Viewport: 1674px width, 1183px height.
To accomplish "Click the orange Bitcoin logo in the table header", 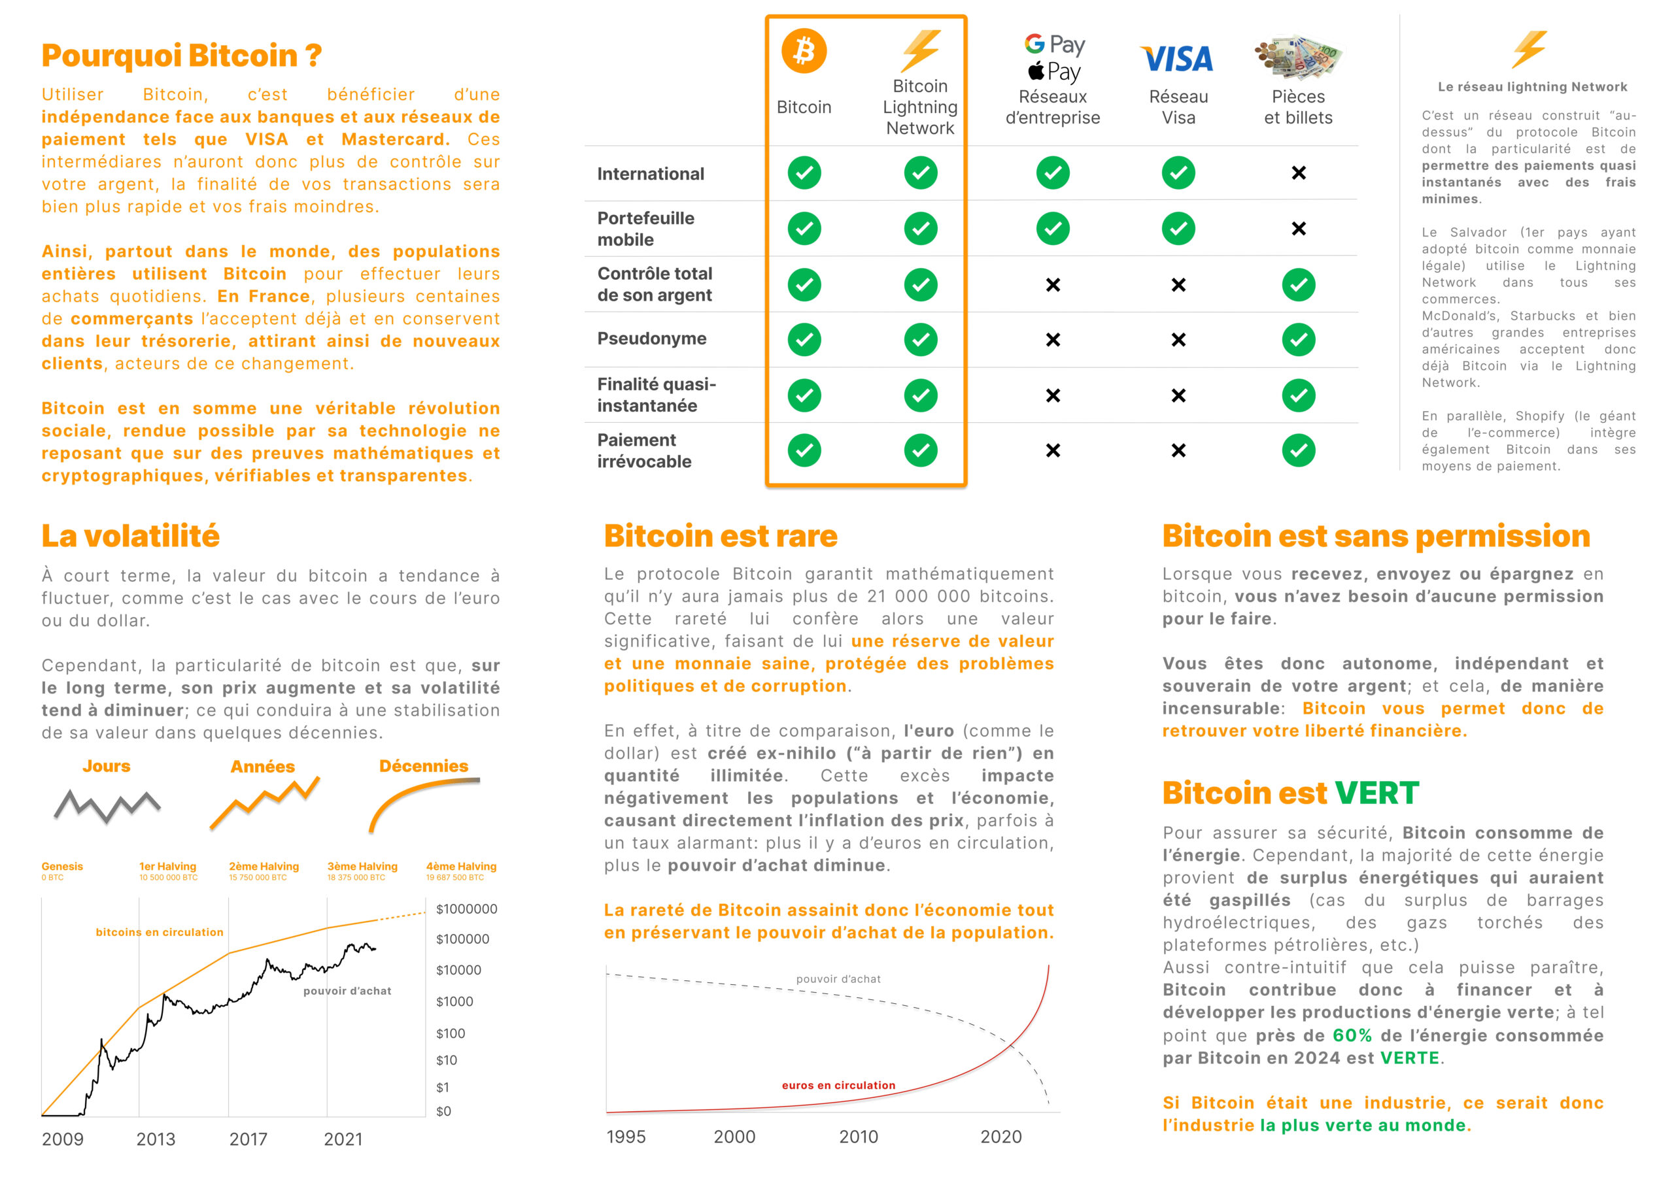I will click(804, 51).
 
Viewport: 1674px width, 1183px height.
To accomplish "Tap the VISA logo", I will click(1177, 59).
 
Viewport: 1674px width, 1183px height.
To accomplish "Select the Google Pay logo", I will click(1054, 44).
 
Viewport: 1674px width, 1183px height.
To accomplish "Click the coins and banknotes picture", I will click(1298, 56).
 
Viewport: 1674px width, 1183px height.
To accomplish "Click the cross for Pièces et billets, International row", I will click(1299, 173).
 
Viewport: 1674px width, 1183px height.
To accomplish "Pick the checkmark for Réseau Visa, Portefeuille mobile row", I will click(1178, 229).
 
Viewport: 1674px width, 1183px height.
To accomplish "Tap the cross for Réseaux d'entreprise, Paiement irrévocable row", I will click(1053, 450).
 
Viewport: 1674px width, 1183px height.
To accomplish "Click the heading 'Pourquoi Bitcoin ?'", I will click(182, 56).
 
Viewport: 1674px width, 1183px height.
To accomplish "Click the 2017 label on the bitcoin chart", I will click(248, 1139).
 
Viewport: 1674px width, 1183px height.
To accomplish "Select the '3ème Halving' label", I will click(362, 866).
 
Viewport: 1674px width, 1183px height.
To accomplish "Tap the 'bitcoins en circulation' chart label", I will click(159, 931).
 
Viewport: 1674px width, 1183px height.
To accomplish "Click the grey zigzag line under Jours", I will click(107, 805).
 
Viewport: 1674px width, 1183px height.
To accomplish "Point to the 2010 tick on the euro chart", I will click(858, 1137).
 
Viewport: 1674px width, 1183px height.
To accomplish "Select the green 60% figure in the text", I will click(1352, 1035).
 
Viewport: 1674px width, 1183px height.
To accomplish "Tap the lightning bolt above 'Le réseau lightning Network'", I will click(1529, 49).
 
